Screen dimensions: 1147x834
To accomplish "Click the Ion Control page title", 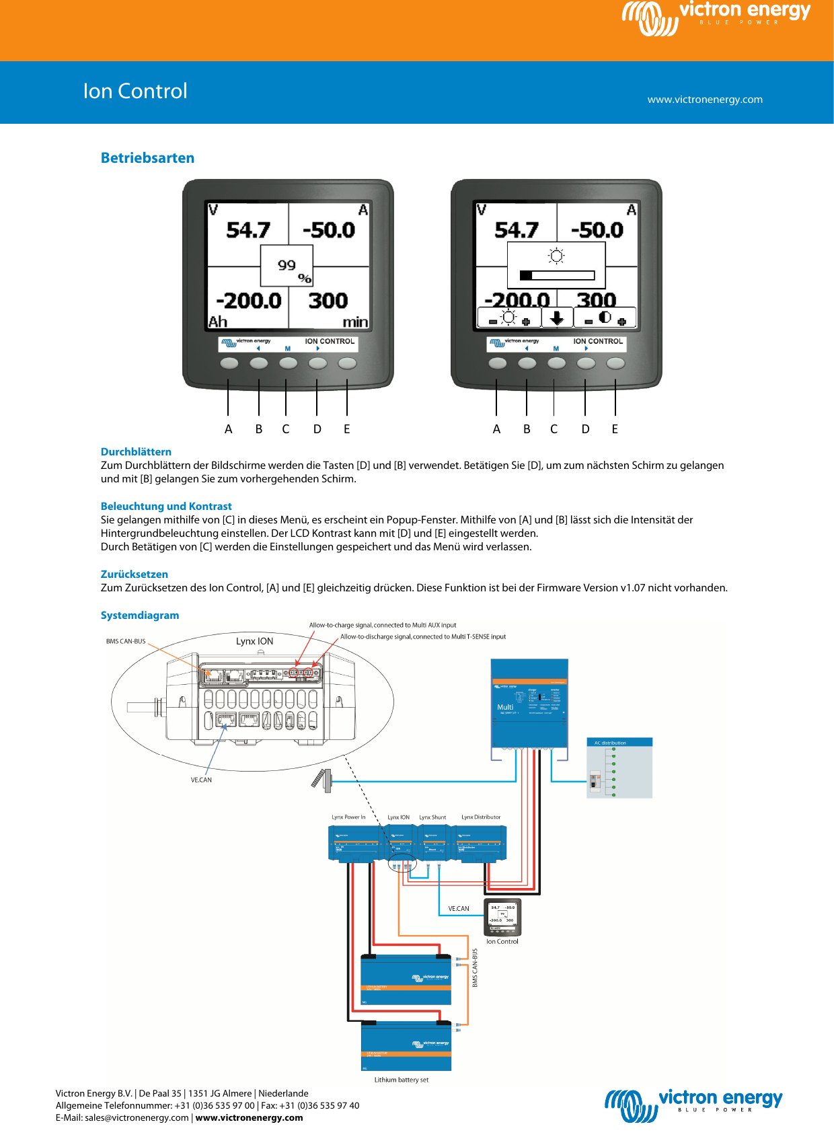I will [135, 91].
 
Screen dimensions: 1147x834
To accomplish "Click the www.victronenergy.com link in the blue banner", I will [704, 100].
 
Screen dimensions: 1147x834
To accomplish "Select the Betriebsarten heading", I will [147, 158].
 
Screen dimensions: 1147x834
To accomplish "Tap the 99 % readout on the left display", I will [288, 266].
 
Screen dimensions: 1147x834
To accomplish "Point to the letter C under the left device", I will [286, 429].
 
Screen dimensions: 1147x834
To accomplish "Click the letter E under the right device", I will [615, 429].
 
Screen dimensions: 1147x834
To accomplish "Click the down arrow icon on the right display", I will [556, 318].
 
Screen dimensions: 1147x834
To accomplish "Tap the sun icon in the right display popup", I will [556, 256].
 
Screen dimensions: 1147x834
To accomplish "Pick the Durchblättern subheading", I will [136, 452].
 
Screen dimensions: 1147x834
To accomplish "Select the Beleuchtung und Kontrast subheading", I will [166, 507].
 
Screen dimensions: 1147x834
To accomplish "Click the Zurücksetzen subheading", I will [135, 575].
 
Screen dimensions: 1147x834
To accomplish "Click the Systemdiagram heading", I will [140, 616].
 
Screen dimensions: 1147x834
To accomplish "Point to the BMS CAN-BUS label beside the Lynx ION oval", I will [126, 642].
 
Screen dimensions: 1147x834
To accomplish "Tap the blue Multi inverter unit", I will [529, 703].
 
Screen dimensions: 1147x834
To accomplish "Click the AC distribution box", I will [619, 768].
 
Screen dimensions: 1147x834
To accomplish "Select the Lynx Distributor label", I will [481, 817].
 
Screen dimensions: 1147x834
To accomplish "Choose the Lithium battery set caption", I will [402, 1080].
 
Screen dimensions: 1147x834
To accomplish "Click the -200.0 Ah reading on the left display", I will [248, 301].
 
